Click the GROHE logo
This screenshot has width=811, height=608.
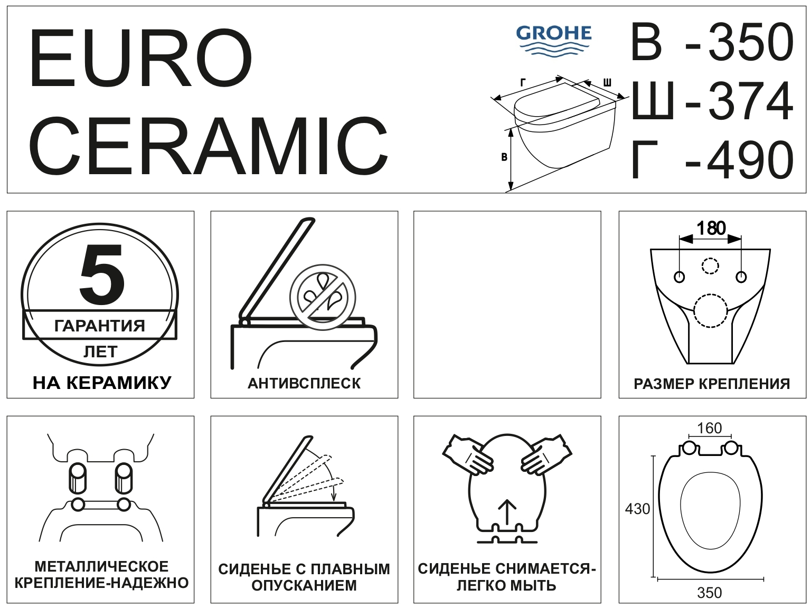(553, 41)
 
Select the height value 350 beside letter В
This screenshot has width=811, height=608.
(750, 42)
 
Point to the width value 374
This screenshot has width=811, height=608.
(750, 101)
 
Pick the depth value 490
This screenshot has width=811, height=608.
(750, 160)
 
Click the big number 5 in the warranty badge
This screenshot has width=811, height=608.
(101, 274)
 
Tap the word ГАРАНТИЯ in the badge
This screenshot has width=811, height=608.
(100, 326)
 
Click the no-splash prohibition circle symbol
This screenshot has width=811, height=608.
(323, 297)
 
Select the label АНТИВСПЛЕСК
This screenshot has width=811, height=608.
(304, 384)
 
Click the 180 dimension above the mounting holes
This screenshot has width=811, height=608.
(711, 229)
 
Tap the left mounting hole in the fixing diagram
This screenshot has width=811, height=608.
(679, 277)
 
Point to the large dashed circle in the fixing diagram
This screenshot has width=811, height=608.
(710, 311)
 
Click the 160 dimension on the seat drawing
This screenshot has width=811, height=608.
(709, 428)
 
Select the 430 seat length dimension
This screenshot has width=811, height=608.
(637, 509)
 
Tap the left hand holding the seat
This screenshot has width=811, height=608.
(467, 453)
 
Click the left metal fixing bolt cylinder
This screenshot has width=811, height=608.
(78, 478)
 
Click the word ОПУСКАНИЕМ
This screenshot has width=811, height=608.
(304, 586)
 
